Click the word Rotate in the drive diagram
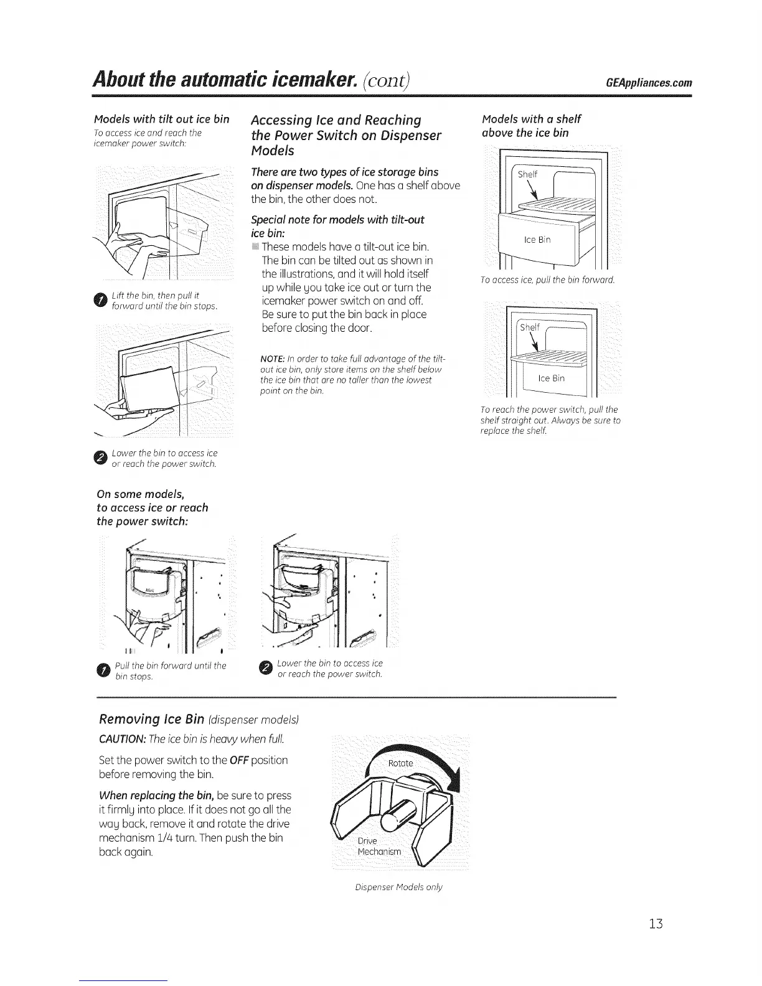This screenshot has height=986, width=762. click(400, 763)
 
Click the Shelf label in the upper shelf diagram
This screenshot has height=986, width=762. click(527, 174)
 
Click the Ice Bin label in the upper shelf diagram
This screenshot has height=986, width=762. click(537, 240)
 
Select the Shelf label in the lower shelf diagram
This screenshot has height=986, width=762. click(530, 327)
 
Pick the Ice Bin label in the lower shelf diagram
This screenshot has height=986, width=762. click(552, 378)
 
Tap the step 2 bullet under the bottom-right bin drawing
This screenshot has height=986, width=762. click(265, 669)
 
